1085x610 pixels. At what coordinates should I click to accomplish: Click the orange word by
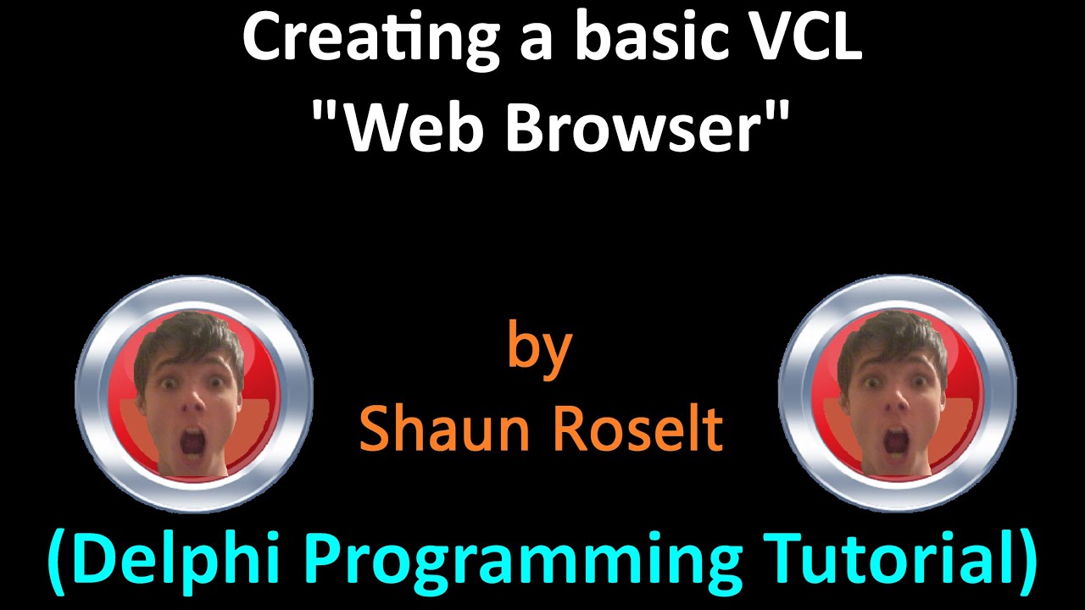(540, 349)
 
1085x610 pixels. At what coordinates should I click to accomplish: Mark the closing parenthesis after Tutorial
(1027, 561)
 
